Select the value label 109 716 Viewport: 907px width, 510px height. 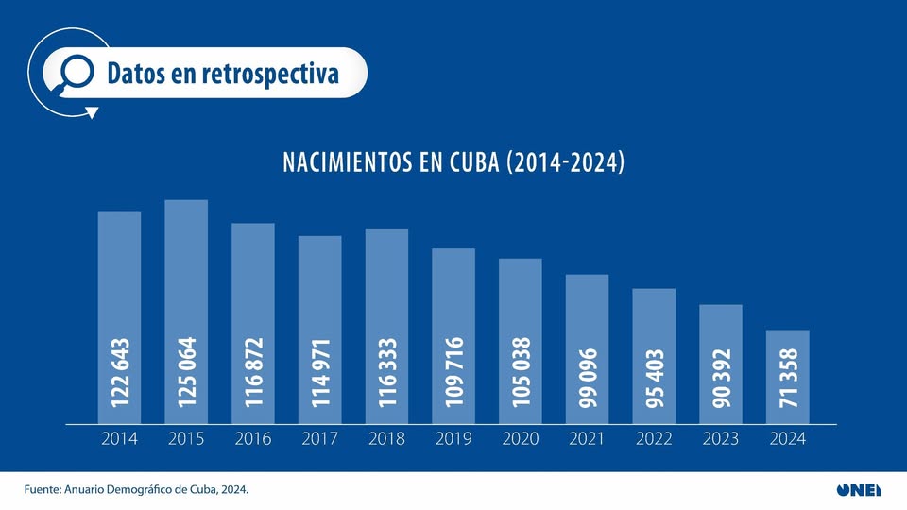point(453,372)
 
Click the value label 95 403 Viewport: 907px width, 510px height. point(654,378)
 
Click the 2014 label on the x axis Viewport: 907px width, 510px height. point(119,439)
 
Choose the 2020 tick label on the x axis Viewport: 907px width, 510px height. point(521,439)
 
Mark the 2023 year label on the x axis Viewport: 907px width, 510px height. point(721,439)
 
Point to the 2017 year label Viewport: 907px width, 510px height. point(319,439)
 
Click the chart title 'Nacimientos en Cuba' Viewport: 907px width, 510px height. point(453,161)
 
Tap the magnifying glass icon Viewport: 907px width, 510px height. point(74,73)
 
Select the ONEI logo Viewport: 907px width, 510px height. point(858,489)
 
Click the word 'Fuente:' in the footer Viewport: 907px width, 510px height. point(44,489)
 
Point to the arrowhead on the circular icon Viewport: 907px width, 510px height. point(92,112)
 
